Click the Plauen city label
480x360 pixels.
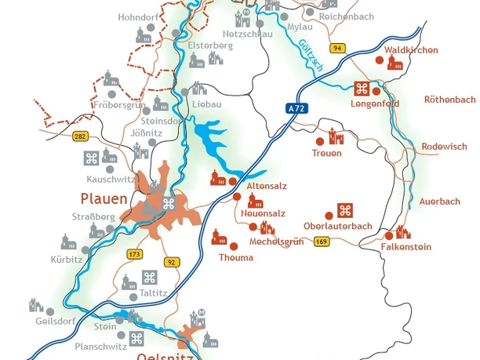pos(104,198)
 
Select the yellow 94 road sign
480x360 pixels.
pos(338,49)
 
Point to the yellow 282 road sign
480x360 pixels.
pos(80,136)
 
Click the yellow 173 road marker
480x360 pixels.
pos(134,255)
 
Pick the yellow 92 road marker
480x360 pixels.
pos(173,262)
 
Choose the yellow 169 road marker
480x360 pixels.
pos(322,242)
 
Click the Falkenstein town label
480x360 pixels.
pos(406,247)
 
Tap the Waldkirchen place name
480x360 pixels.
pos(412,50)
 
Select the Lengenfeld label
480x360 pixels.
pos(375,104)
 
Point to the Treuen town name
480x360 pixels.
pos(327,154)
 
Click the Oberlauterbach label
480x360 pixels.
pos(338,227)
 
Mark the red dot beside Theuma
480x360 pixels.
pos(234,246)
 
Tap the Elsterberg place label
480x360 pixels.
pos(210,45)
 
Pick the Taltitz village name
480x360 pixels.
pos(153,293)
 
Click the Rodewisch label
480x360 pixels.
pos(444,147)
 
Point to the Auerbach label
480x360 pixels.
pos(440,202)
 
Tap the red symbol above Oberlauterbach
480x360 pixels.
pos(345,210)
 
